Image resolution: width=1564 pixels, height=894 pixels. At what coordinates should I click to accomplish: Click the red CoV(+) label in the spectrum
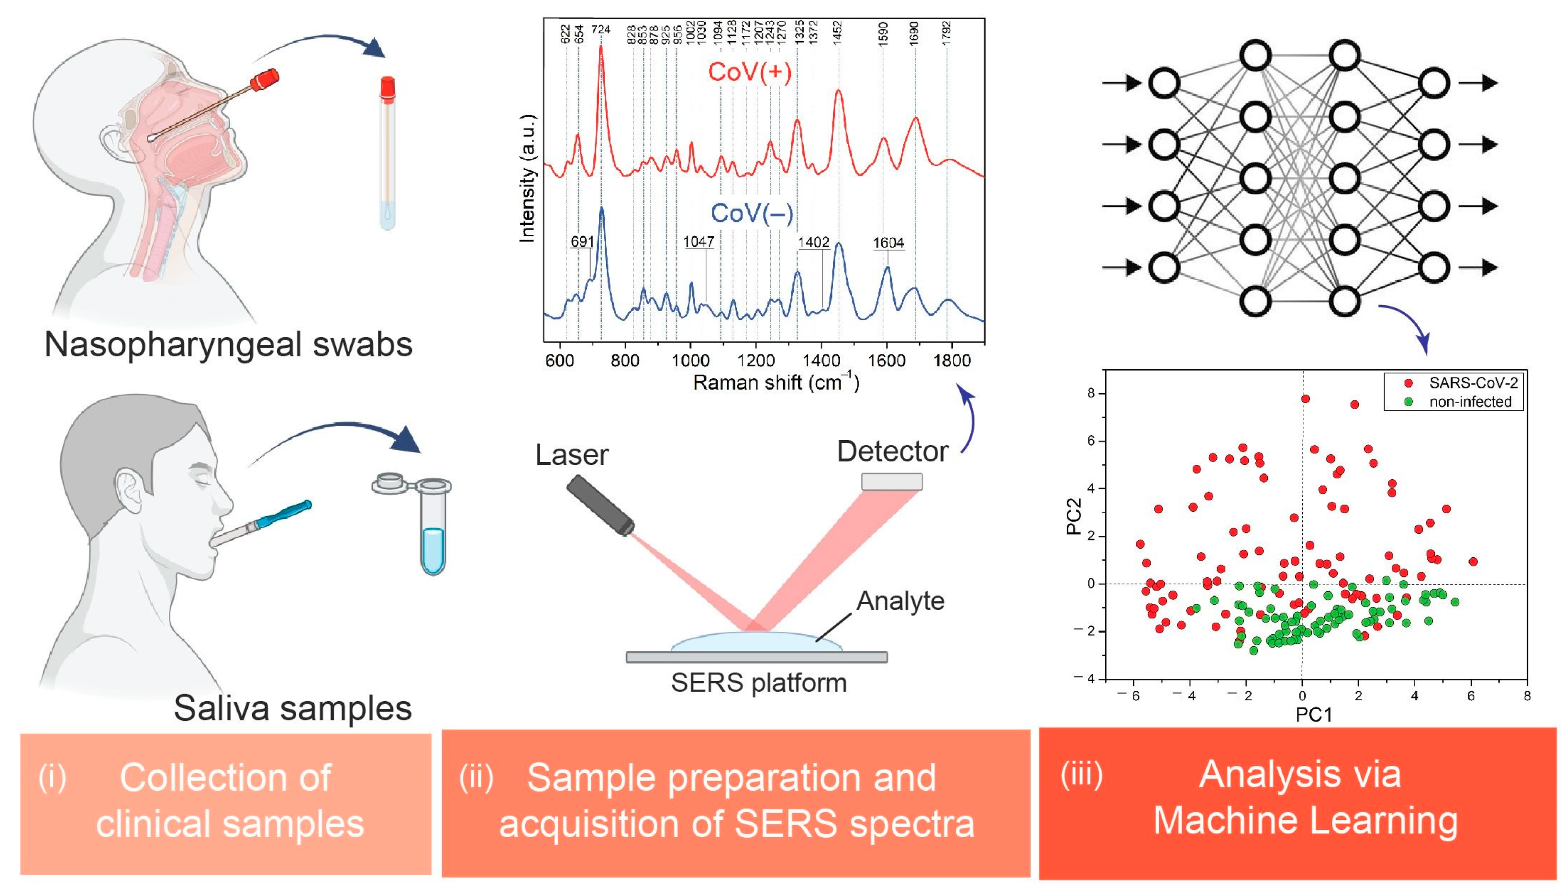pos(749,72)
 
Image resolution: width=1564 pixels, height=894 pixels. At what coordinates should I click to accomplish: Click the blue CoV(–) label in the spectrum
pos(752,214)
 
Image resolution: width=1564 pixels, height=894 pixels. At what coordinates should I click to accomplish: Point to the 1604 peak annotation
pos(888,243)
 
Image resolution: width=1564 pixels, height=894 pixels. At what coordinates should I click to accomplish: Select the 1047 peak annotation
pos(699,242)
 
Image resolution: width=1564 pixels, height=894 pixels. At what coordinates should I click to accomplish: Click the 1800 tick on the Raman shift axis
pos(952,361)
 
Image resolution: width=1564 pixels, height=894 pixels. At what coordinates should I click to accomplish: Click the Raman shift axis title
pos(776,383)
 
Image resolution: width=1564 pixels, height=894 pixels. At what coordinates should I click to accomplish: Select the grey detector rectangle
pos(892,481)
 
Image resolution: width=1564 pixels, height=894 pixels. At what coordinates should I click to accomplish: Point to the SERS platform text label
pos(758,683)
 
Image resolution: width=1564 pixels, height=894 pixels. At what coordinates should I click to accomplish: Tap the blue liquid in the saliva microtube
pos(433,550)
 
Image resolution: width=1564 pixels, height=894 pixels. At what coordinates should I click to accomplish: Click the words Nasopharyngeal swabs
pos(228,344)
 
